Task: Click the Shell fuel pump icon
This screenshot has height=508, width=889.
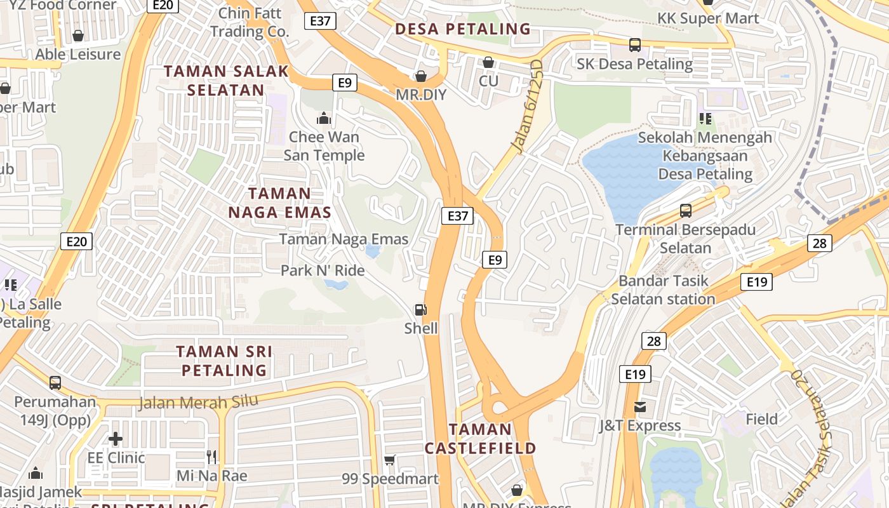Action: coord(420,310)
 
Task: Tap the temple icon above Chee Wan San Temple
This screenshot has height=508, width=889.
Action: coord(324,119)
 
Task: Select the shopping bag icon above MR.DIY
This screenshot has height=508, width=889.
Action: coord(420,77)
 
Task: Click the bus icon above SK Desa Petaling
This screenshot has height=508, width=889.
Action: coord(634,45)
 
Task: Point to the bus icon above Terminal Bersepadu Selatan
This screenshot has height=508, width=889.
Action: coord(685,211)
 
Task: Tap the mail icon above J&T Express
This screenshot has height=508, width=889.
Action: coord(639,407)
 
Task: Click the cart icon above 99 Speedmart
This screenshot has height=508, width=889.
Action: coord(390,460)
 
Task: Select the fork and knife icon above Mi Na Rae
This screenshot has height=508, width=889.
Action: coord(211,457)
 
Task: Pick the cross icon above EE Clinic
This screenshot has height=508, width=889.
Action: coord(116,439)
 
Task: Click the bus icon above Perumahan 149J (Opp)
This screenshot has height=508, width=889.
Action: coord(55,383)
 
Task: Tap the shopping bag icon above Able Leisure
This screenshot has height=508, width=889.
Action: coord(78,36)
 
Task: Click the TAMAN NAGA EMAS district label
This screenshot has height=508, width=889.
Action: coord(280,203)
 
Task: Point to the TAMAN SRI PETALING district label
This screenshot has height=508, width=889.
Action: coord(224,361)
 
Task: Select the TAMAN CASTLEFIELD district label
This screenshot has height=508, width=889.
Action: coord(480,439)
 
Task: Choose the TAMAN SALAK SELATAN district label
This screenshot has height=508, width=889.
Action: coord(227,81)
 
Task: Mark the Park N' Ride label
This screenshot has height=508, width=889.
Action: coord(323,271)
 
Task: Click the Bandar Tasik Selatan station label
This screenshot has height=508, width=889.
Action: coord(663,290)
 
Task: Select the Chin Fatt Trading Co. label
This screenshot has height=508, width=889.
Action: coord(250,22)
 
